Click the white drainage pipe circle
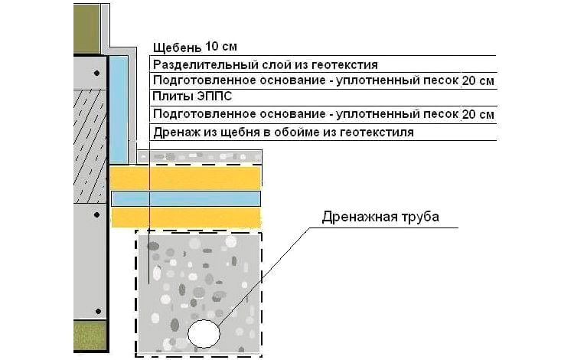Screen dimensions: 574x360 coord(204,333)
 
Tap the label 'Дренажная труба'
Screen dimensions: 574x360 coord(380,217)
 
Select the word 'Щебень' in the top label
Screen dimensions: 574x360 coord(178,47)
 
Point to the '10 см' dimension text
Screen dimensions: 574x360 coord(221,47)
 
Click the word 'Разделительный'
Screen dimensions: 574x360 coord(205,65)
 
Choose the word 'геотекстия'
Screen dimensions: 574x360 coord(344,65)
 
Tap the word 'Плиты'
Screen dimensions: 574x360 coord(172,97)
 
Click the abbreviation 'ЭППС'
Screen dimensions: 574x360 coord(214,97)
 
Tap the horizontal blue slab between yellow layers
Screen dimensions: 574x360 coord(186,199)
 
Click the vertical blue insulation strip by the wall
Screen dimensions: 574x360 coord(119,110)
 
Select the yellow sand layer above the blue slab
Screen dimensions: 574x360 coord(186,178)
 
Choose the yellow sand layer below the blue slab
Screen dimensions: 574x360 coord(186,218)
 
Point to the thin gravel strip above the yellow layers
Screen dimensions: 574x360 coord(199,157)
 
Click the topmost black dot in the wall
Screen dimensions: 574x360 coord(96,73)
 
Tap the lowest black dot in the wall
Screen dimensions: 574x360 coord(98,312)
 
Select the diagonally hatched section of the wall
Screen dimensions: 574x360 coord(90,146)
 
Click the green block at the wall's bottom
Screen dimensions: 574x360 coord(90,335)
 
